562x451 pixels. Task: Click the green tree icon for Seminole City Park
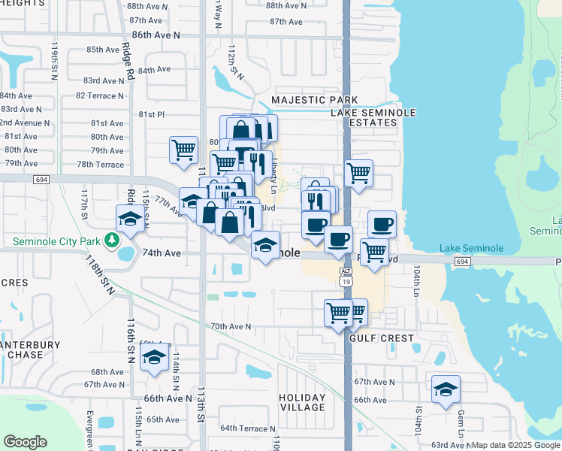click(x=112, y=240)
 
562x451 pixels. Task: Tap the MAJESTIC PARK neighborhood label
click(x=314, y=100)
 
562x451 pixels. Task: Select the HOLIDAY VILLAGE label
click(x=302, y=402)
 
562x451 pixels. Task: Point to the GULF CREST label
click(x=382, y=338)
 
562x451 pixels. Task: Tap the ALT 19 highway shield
click(x=346, y=276)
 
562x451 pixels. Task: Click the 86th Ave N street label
click(x=156, y=35)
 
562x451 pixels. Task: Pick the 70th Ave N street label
click(x=230, y=326)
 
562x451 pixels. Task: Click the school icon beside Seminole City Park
click(x=130, y=219)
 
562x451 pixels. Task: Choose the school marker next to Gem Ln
click(x=446, y=389)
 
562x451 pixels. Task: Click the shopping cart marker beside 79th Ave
click(x=183, y=150)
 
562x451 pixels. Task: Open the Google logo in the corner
click(x=25, y=441)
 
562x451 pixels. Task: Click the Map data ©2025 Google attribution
click(x=516, y=445)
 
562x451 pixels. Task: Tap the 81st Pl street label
click(x=151, y=114)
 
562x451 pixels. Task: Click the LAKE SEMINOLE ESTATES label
click(x=374, y=117)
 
